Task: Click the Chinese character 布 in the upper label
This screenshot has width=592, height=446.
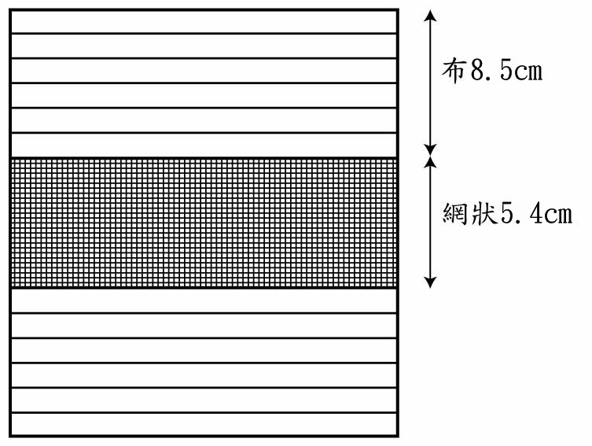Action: [453, 70]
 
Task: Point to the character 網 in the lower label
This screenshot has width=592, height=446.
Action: [454, 214]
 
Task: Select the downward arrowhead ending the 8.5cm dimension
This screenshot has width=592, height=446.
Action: [430, 149]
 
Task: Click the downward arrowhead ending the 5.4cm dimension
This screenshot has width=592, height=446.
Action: [430, 282]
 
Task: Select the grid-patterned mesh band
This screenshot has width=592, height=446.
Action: [204, 223]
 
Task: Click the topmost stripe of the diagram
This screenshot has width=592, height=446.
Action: [204, 22]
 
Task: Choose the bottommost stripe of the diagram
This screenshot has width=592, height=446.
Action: [204, 425]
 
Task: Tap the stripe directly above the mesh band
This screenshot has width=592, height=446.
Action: [204, 145]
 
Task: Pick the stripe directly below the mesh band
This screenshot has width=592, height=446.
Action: [204, 301]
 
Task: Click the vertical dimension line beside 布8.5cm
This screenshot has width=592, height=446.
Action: [430, 83]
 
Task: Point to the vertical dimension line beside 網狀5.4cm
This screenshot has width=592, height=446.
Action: [430, 222]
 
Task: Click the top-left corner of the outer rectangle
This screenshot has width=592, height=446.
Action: [9, 9]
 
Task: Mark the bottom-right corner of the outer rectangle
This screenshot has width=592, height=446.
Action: [398, 437]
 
